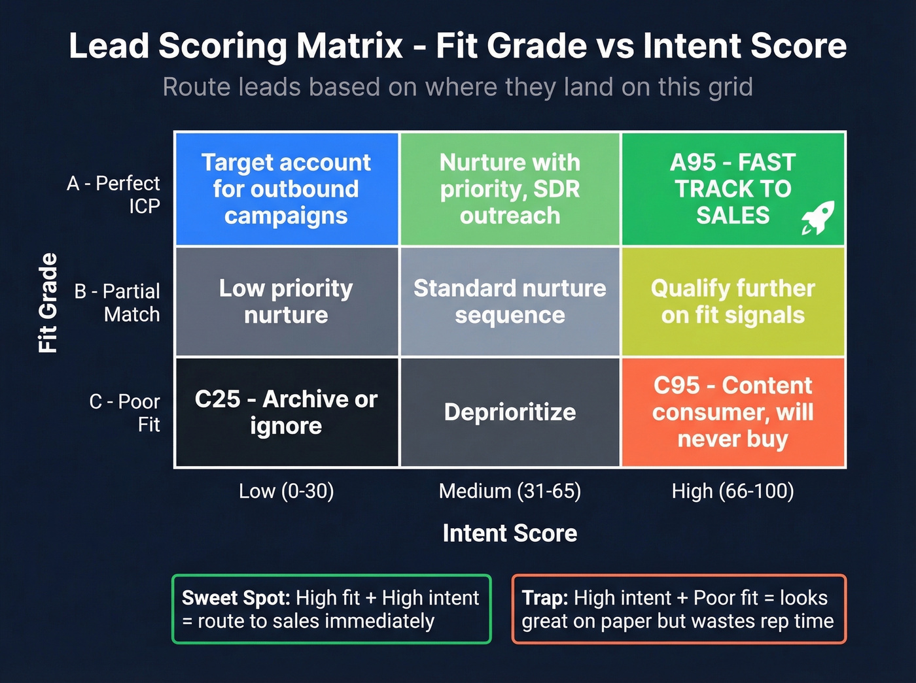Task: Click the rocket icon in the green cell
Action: [818, 218]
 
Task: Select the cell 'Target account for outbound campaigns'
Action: [286, 189]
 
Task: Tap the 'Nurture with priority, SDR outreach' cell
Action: [510, 189]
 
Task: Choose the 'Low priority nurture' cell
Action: [286, 301]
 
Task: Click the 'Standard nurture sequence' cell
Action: [510, 301]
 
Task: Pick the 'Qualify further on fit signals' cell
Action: [733, 301]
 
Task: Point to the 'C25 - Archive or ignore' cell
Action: [286, 412]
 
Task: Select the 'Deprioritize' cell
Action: [510, 412]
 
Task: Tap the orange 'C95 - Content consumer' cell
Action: [733, 412]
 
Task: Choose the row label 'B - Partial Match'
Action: [118, 303]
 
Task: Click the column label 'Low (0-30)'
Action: [286, 491]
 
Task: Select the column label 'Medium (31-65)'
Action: [510, 491]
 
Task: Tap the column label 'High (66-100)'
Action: [733, 491]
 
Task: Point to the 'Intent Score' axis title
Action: [510, 533]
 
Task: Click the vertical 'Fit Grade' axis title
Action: [48, 303]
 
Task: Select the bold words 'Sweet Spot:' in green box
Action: [236, 598]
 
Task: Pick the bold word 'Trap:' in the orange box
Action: [545, 598]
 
